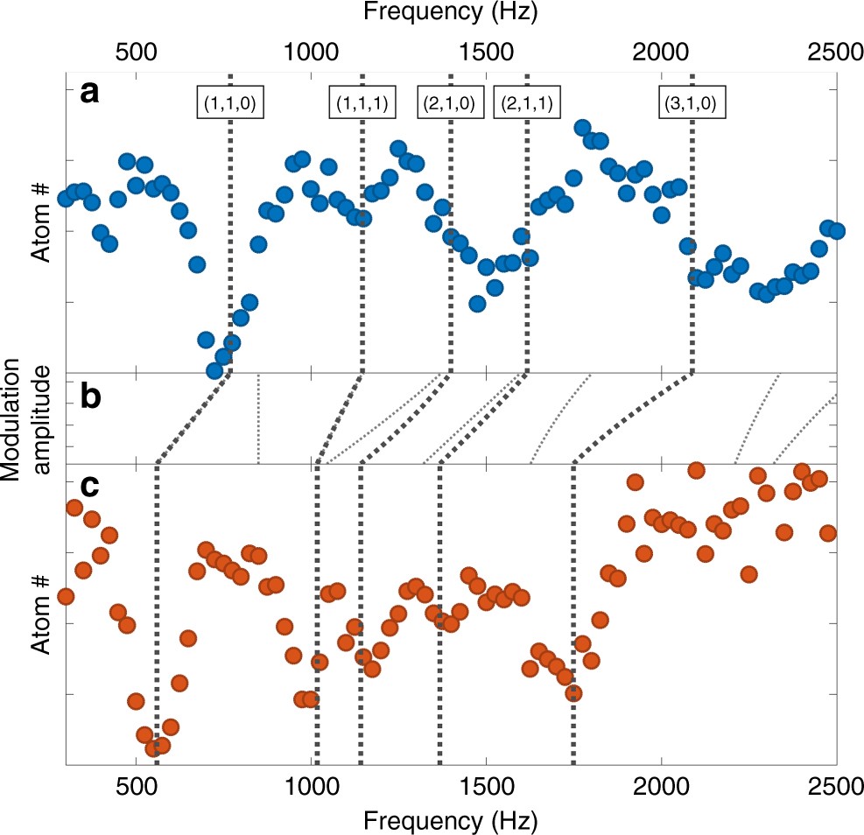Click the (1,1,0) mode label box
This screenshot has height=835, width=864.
click(x=229, y=103)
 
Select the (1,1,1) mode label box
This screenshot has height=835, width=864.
click(x=362, y=103)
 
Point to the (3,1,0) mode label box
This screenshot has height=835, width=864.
click(x=692, y=103)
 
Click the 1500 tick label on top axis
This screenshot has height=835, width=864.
click(x=486, y=51)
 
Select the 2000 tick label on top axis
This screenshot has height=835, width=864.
click(x=661, y=51)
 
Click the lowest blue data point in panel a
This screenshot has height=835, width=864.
click(x=214, y=370)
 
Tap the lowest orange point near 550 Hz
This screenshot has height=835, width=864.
click(x=153, y=748)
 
